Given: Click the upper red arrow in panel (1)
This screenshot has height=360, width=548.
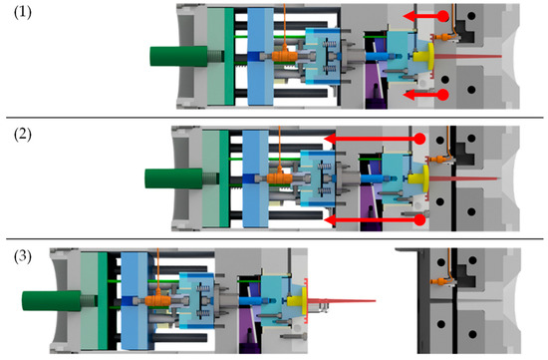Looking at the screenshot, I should (x=430, y=17).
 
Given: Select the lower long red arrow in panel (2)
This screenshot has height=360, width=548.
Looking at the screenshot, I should (x=374, y=219).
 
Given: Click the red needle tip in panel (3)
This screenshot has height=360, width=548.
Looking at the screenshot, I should (x=359, y=300).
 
